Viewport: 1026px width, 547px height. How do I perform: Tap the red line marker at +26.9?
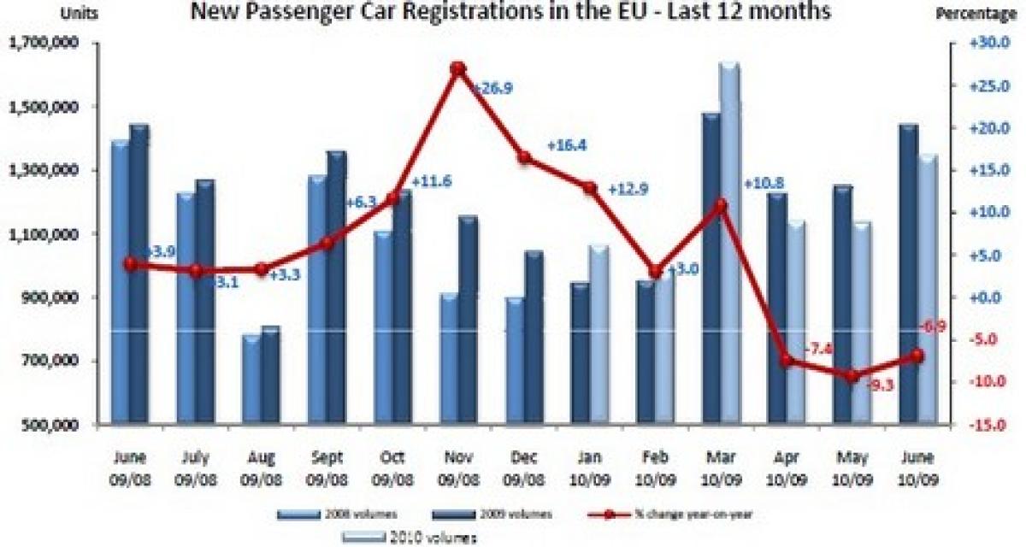(x=457, y=68)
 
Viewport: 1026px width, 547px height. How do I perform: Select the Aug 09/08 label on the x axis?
(x=261, y=455)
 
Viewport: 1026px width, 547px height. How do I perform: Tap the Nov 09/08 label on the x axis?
(x=457, y=455)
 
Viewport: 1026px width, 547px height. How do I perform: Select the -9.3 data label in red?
(x=880, y=385)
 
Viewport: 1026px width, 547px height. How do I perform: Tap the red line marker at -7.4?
(x=787, y=360)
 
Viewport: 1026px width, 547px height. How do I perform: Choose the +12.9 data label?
(x=628, y=189)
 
